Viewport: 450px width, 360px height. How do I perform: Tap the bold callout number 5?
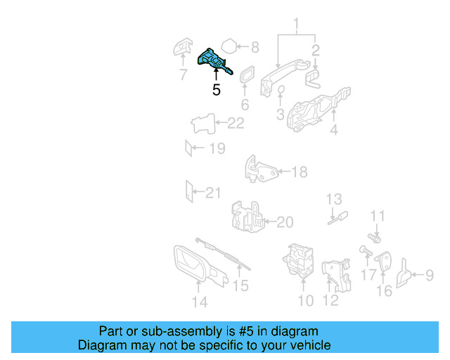[x=216, y=90]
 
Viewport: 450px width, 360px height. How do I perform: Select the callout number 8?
[x=255, y=47]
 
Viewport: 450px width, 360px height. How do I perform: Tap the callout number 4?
[x=334, y=129]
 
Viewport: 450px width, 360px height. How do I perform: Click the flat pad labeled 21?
[x=187, y=191]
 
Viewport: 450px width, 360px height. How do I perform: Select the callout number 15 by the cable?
[x=241, y=285]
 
